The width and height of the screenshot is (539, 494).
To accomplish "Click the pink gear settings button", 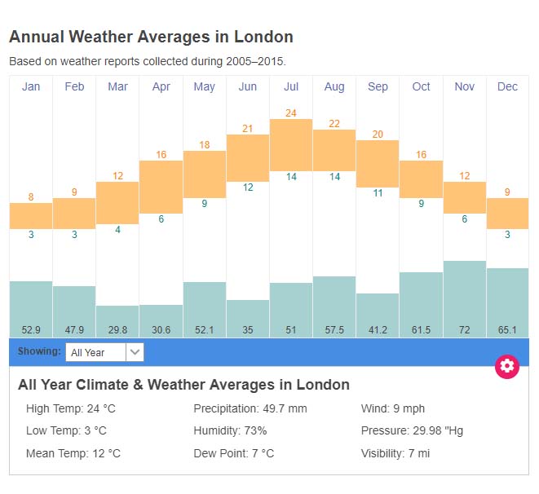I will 507,366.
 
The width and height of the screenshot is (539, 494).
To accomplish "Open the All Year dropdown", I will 104,352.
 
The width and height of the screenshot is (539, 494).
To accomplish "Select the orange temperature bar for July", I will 291,144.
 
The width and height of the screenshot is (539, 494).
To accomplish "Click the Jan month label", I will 31,87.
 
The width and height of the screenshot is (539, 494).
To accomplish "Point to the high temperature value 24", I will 291,112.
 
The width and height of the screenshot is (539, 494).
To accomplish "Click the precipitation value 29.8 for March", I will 117,329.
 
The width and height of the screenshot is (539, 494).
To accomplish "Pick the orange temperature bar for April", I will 161,187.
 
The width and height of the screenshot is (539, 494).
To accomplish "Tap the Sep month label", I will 378,87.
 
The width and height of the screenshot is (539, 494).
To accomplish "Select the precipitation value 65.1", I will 507,329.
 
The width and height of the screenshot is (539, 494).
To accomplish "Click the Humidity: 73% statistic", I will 230,430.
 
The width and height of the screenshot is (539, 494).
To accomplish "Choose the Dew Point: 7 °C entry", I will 233,453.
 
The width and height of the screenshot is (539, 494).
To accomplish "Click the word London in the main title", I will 263,37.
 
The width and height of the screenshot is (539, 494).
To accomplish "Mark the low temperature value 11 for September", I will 378,193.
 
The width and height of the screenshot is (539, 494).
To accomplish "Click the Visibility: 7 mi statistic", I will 395,453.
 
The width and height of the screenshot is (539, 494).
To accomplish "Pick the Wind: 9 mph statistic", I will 392,408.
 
